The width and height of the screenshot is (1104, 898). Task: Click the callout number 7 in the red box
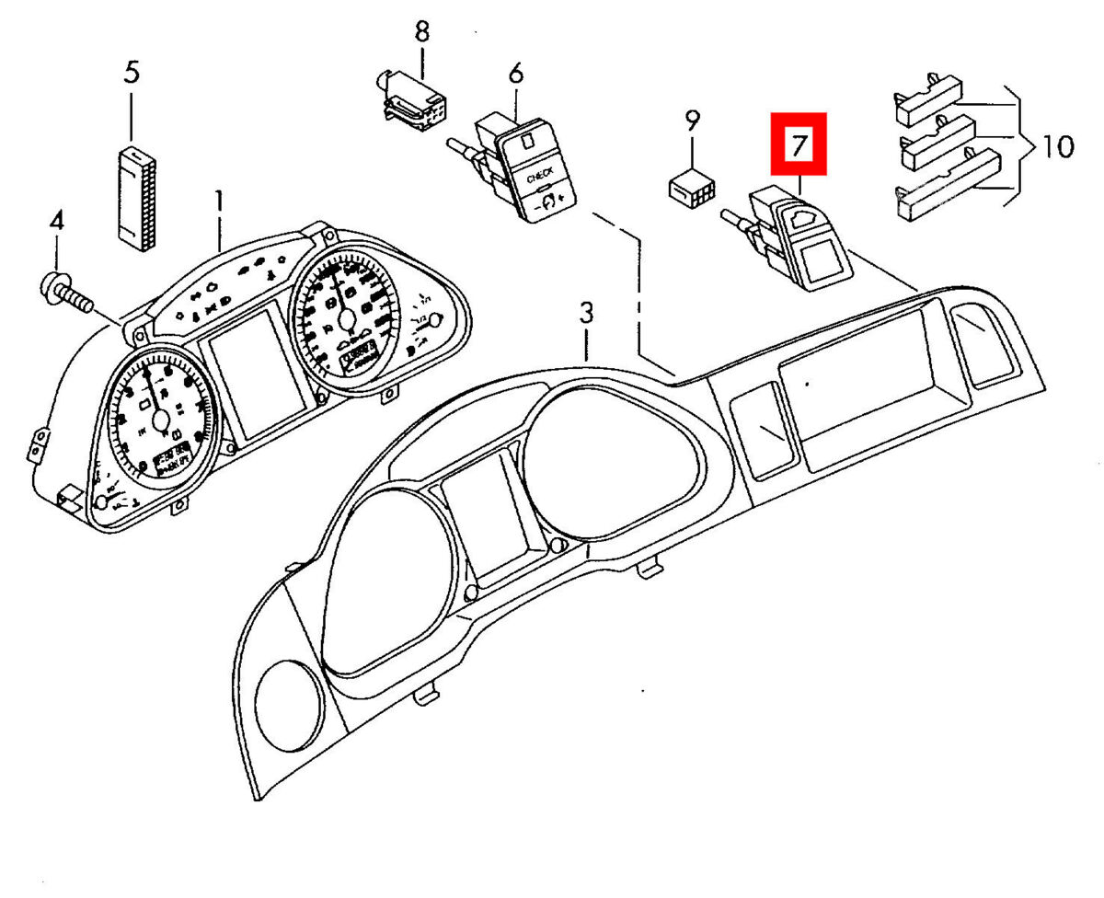799,144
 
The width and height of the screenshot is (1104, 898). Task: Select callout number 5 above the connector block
132,73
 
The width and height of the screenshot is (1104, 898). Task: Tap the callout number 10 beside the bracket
1052,146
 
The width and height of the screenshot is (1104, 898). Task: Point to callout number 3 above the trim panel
586,313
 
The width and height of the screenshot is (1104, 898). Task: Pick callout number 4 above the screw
57,221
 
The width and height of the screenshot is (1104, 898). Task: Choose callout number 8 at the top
421,32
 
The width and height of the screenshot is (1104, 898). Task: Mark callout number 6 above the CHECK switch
514,72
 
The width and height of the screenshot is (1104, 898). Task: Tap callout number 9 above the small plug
692,121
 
